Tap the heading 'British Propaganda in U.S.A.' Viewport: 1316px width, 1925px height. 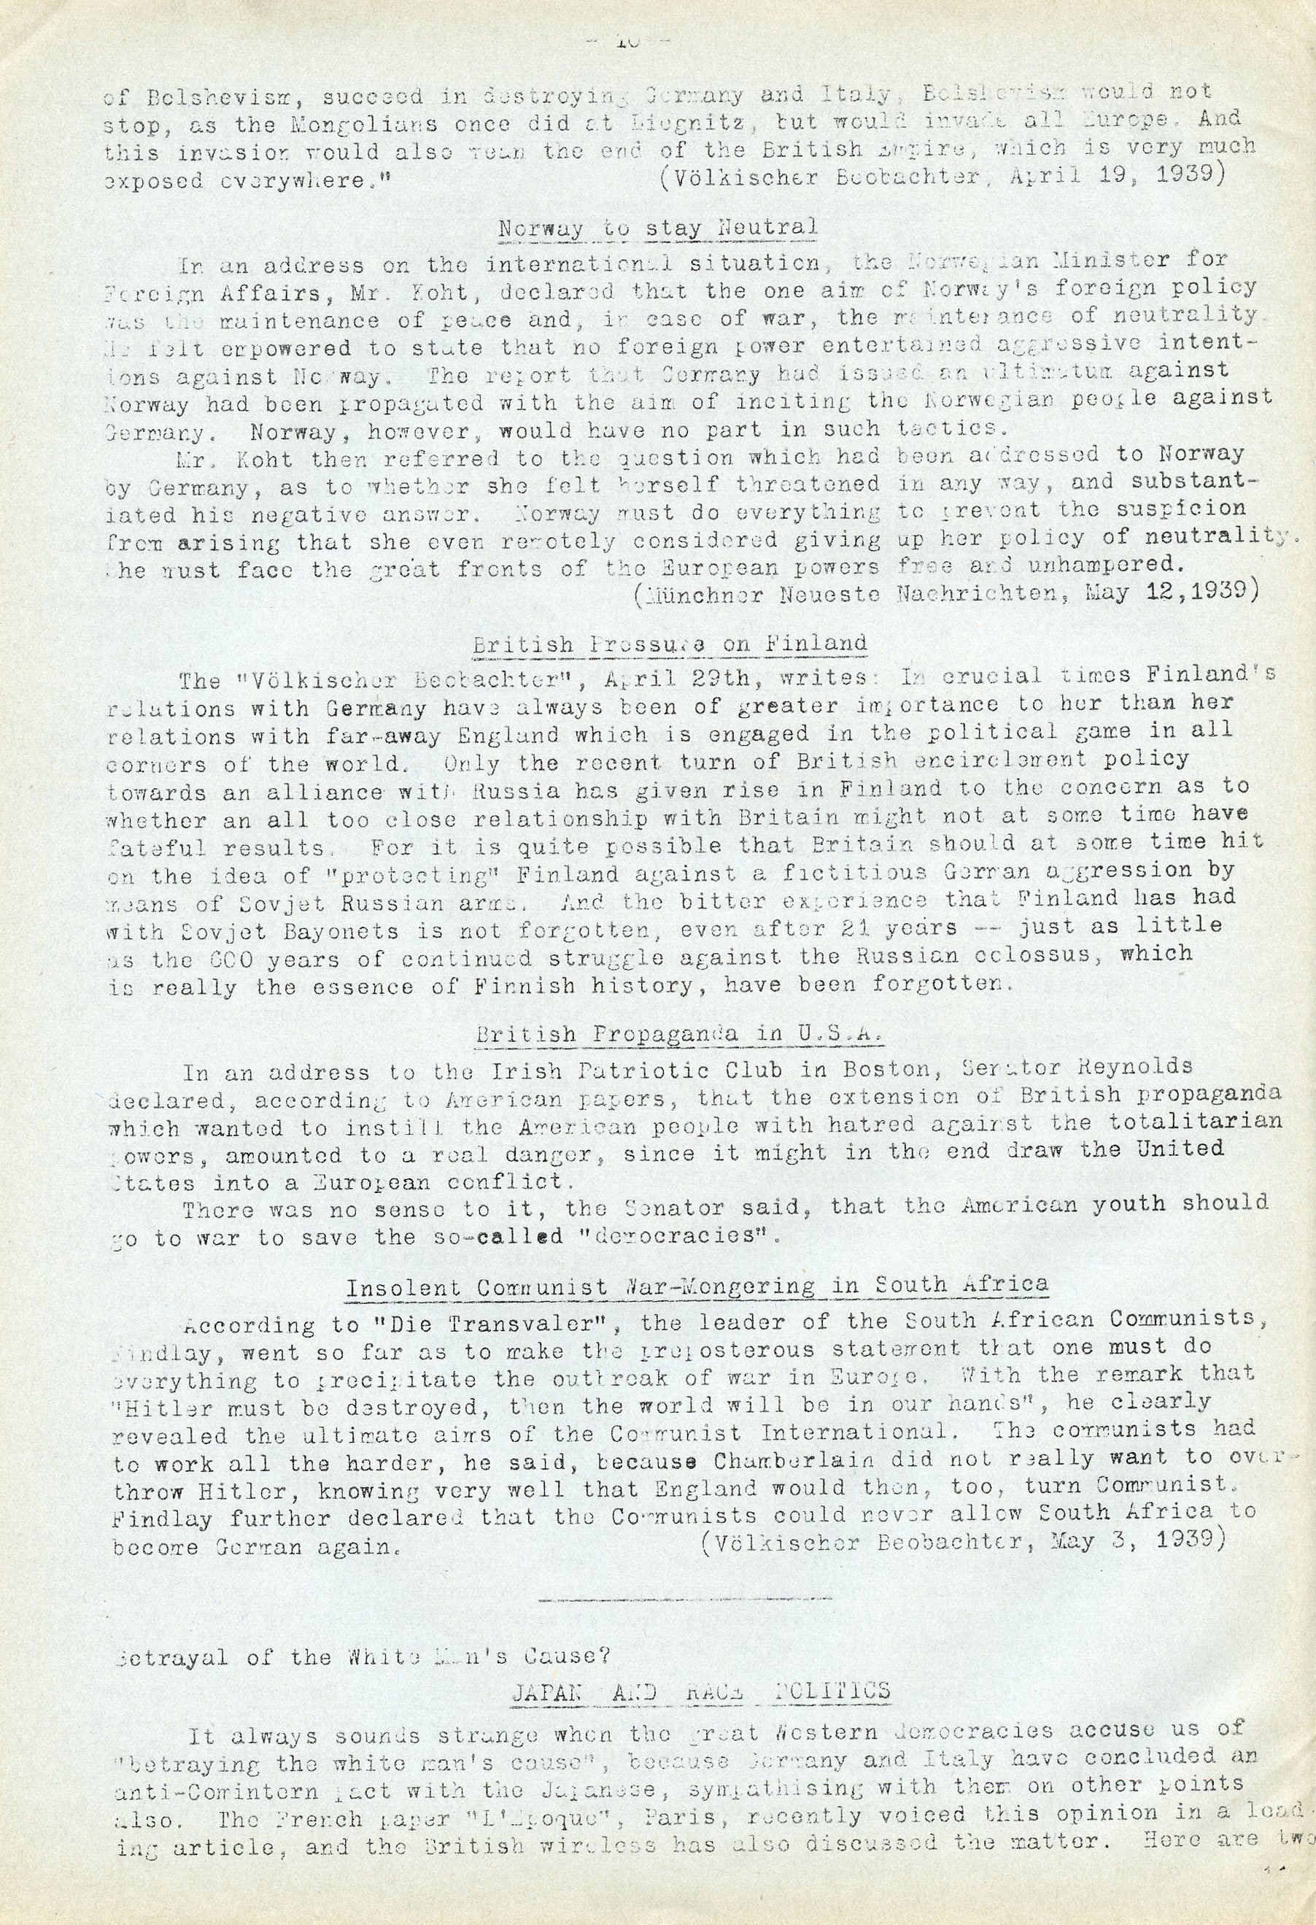point(669,1035)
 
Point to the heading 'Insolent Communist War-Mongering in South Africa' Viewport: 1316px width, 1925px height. point(697,1286)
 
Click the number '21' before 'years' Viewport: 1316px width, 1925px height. point(855,927)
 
